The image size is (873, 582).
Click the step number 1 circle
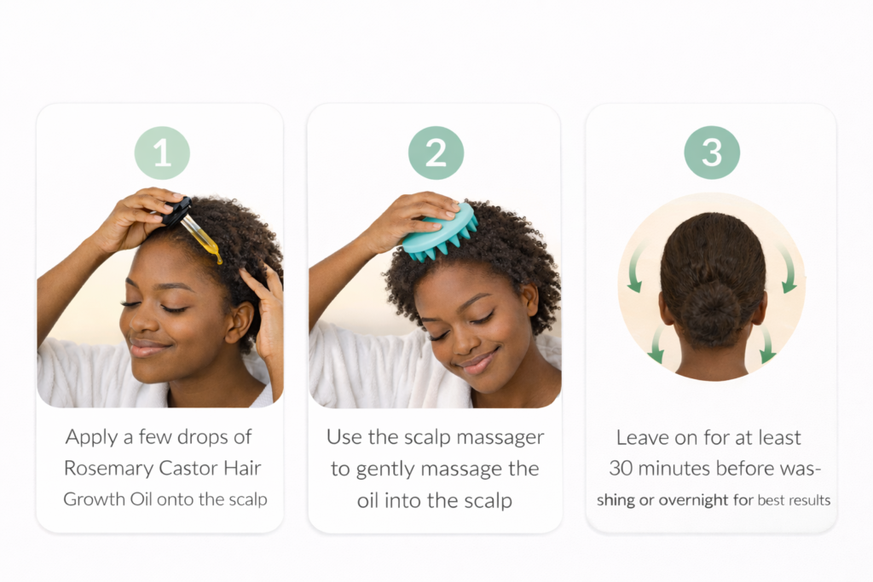162,153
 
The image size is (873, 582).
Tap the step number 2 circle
436,153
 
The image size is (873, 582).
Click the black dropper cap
177,210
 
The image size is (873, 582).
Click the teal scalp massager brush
441,233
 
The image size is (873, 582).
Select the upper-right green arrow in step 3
787,268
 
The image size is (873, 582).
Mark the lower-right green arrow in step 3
767,344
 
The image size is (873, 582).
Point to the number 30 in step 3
621,469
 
